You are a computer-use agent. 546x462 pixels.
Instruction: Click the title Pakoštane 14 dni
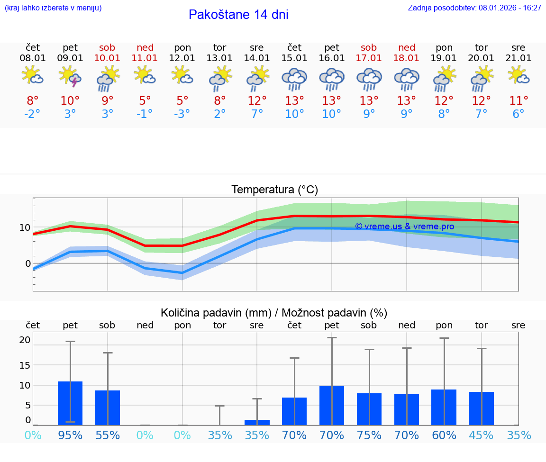[x=238, y=15]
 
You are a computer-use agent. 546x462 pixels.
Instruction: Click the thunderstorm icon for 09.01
[x=70, y=76]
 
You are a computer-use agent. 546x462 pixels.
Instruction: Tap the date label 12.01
[x=182, y=58]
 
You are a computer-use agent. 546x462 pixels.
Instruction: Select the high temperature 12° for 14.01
[x=257, y=101]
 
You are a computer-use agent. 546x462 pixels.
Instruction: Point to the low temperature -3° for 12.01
[x=182, y=114]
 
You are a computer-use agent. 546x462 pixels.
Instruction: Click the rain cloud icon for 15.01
[x=294, y=78]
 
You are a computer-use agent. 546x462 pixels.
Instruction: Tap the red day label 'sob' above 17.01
[x=369, y=47]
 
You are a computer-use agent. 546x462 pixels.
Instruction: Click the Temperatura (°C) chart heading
[x=274, y=190]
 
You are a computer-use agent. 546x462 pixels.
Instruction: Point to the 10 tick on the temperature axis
[x=25, y=227]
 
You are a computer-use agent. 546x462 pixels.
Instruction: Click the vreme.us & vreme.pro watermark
[x=404, y=226]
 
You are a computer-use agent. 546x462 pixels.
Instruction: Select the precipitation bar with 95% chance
[x=70, y=403]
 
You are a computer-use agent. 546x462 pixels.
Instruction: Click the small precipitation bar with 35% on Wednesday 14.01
[x=257, y=422]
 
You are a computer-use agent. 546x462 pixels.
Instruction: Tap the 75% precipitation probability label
[x=369, y=435]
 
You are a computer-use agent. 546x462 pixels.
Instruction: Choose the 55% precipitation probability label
[x=108, y=435]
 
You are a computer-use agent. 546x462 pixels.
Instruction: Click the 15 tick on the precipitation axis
[x=25, y=365]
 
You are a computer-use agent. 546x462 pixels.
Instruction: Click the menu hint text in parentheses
[x=53, y=8]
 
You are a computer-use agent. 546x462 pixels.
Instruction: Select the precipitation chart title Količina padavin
[x=274, y=313]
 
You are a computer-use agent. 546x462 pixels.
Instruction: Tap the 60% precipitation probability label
[x=444, y=435]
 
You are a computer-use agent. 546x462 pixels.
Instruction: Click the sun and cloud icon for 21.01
[x=519, y=75]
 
